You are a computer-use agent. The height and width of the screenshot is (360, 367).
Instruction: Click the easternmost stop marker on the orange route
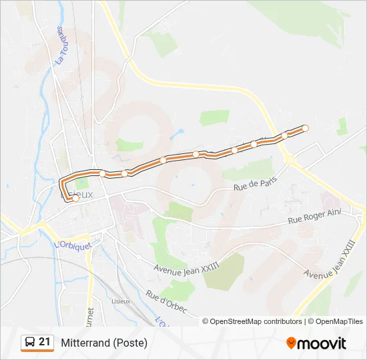pyautogui.click(x=306, y=128)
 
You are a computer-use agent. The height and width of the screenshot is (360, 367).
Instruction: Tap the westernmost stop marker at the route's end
pyautogui.click(x=75, y=198)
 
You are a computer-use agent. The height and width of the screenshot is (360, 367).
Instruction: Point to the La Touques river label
pyautogui.click(x=61, y=45)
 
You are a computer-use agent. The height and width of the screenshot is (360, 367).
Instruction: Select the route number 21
pyautogui.click(x=45, y=342)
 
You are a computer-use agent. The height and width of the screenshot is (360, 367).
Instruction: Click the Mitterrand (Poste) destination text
pyautogui.click(x=104, y=343)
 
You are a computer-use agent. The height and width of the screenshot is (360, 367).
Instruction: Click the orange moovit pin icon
pyautogui.click(x=292, y=343)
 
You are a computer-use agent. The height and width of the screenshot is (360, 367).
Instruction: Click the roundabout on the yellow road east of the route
pyautogui.click(x=290, y=159)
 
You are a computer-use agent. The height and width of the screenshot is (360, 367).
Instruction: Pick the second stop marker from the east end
pyautogui.click(x=284, y=135)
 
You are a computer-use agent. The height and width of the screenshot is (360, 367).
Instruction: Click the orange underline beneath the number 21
pyautogui.click(x=37, y=351)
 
